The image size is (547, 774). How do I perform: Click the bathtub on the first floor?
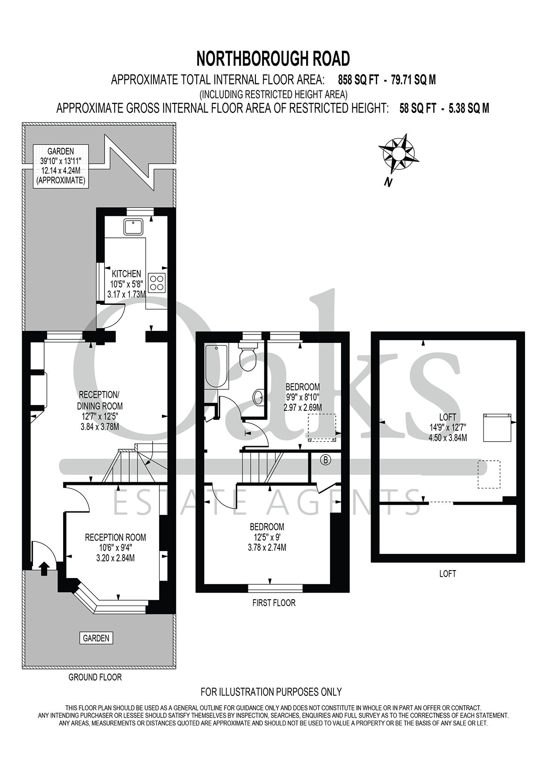pyautogui.click(x=217, y=367)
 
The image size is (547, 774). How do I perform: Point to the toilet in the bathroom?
pyautogui.click(x=248, y=357)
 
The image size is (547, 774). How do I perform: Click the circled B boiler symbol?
pyautogui.click(x=326, y=460)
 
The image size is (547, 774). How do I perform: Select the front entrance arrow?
pyautogui.click(x=44, y=568)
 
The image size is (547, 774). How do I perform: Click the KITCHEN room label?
pyautogui.click(x=126, y=274)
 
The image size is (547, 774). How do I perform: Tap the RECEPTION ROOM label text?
pyautogui.click(x=116, y=537)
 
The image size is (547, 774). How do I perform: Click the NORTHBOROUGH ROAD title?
pyautogui.click(x=273, y=59)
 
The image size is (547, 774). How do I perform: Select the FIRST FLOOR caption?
pyautogui.click(x=274, y=603)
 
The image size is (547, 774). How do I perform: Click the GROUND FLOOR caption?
pyautogui.click(x=95, y=677)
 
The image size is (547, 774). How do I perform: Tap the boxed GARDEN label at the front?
pyautogui.click(x=96, y=638)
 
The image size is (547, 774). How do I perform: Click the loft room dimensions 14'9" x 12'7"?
pyautogui.click(x=448, y=427)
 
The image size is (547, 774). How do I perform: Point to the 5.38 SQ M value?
pyautogui.click(x=469, y=109)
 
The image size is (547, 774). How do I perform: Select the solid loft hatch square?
pyautogui.click(x=497, y=427)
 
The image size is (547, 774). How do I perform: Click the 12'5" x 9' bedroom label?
pyautogui.click(x=267, y=537)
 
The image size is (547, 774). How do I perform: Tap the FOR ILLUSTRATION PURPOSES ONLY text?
pyautogui.click(x=271, y=692)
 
